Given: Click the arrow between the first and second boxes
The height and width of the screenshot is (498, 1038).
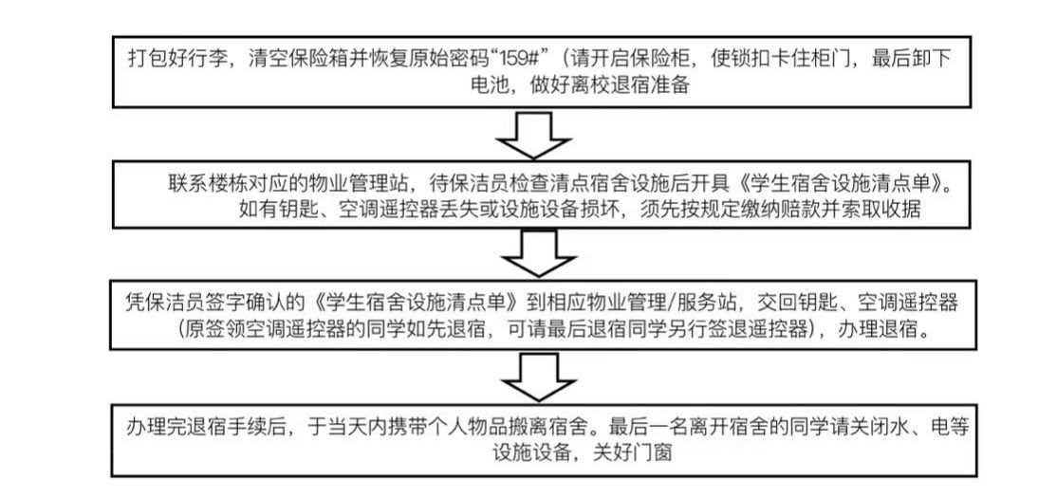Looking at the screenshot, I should pyautogui.click(x=532, y=135).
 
